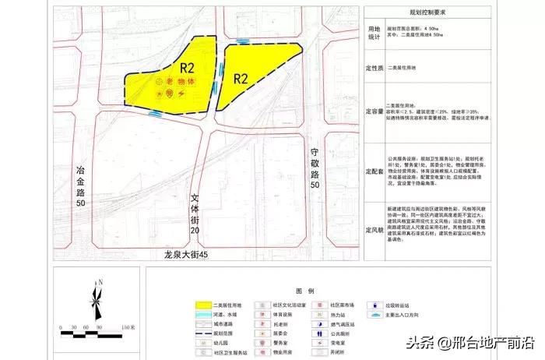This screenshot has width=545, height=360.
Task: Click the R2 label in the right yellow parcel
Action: (x=240, y=78)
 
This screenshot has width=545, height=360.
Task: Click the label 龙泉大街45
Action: (x=188, y=256)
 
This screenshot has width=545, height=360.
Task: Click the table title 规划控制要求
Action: (x=432, y=11)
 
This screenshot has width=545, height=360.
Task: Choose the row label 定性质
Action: (x=376, y=68)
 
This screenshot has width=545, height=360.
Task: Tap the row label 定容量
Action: (x=376, y=111)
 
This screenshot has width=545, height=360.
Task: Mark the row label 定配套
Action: (x=376, y=171)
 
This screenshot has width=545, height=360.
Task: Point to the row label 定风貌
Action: (x=376, y=229)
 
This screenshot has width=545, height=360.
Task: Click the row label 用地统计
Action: (x=375, y=31)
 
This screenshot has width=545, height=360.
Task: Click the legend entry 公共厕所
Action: (x=346, y=334)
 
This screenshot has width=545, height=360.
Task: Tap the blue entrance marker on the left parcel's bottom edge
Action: (x=156, y=113)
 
